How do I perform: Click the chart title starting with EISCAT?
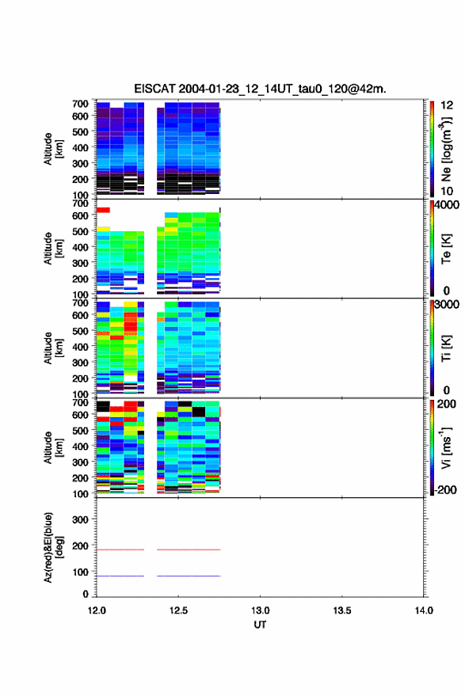point(260,89)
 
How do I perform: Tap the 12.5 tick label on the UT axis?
point(178,610)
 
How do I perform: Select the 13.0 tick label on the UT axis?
point(260,610)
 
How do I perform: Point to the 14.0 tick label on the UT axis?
point(424,610)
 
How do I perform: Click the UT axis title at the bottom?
point(260,625)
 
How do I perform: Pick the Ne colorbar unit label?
point(446,149)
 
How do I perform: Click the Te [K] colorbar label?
point(446,249)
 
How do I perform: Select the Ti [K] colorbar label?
point(446,348)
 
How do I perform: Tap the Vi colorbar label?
point(446,448)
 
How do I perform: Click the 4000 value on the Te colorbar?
point(447,205)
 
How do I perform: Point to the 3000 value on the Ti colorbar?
point(447,305)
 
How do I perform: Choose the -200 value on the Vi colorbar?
point(445,490)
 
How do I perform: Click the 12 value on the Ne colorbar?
point(447,105)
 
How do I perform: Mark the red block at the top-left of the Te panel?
point(103,210)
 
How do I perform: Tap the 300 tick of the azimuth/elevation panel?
point(80,519)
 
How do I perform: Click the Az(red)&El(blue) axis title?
point(52,548)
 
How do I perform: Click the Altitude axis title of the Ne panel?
point(52,149)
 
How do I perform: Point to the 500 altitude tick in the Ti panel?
point(80,331)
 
